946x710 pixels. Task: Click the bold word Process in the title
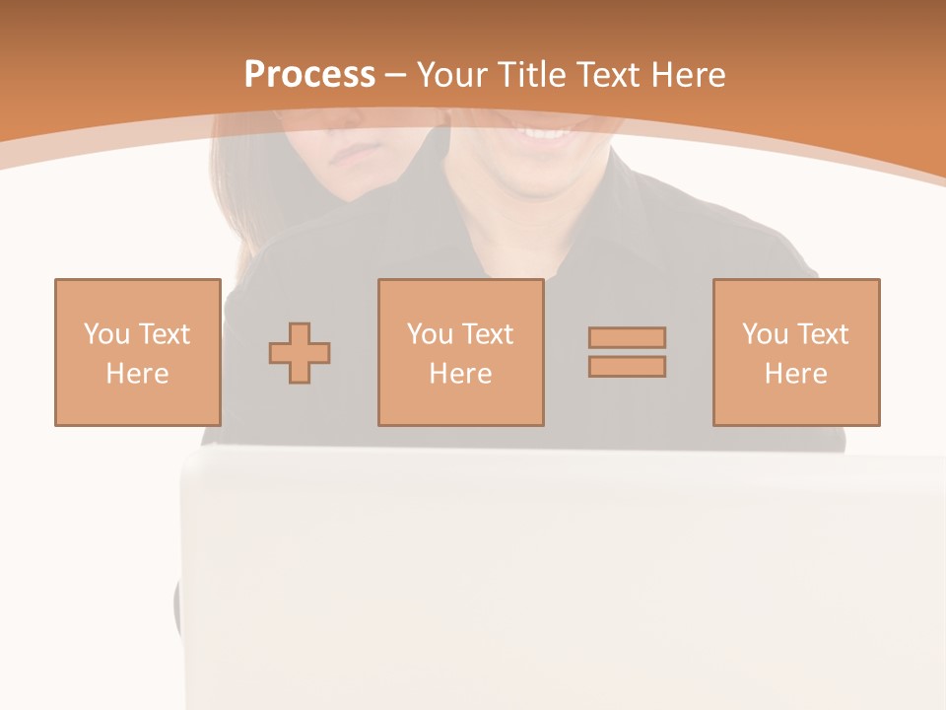pyautogui.click(x=309, y=75)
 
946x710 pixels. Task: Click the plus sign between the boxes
pyautogui.click(x=300, y=353)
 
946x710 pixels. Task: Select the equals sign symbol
pyautogui.click(x=627, y=352)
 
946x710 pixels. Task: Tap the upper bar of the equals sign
pyautogui.click(x=627, y=337)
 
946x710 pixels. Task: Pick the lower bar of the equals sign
pyautogui.click(x=627, y=367)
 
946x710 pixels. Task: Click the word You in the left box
pyautogui.click(x=107, y=334)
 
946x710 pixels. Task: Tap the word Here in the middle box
pyautogui.click(x=461, y=374)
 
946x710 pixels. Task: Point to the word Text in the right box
pyautogui.click(x=823, y=334)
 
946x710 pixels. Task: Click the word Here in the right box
pyautogui.click(x=796, y=374)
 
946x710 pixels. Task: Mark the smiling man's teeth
pyautogui.click(x=544, y=131)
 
